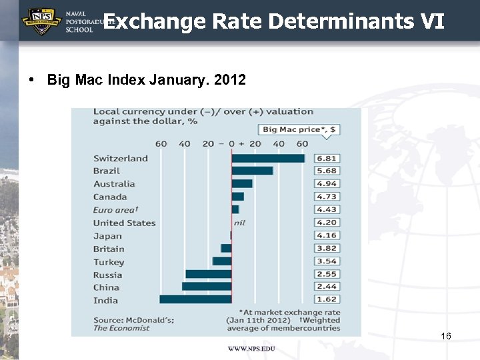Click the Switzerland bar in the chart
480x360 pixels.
click(268, 158)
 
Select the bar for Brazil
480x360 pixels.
click(252, 171)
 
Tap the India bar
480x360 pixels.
click(195, 300)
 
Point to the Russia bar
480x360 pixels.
click(209, 274)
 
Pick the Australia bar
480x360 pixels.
click(242, 183)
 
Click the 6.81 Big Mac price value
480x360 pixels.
click(327, 158)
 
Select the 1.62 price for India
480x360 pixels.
click(327, 300)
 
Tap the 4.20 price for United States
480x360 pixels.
click(327, 223)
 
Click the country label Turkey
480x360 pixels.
click(109, 262)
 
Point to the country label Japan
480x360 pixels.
click(107, 235)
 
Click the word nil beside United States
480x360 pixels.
click(239, 223)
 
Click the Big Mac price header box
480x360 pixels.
click(298, 129)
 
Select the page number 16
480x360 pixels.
click(446, 336)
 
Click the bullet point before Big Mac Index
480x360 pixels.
click(32, 80)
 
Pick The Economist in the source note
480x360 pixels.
click(121, 328)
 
